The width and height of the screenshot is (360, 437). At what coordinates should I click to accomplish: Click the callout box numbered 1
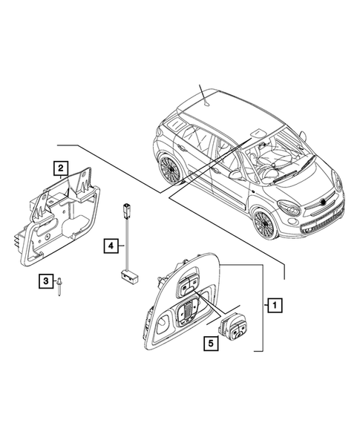coord(274,304)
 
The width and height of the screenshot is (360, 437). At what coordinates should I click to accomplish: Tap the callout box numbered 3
coord(46,281)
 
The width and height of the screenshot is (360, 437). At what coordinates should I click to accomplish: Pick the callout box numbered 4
coord(110,244)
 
